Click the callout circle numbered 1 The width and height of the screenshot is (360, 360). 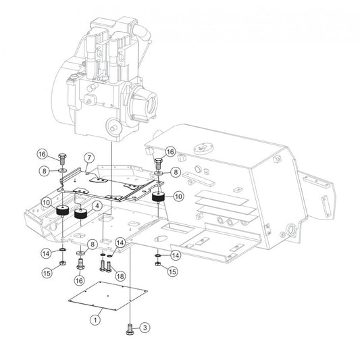tap(95, 319)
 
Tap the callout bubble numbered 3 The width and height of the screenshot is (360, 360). tap(145, 328)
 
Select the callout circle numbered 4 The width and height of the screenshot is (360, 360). tap(97, 206)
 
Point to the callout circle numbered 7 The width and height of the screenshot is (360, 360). tap(89, 158)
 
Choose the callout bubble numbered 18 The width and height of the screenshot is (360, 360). tap(120, 276)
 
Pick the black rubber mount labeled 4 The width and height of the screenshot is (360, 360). tap(80, 214)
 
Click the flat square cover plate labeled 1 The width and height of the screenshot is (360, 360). tap(108, 295)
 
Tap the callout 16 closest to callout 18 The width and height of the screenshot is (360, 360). tap(79, 280)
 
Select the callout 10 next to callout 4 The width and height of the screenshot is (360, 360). tap(47, 202)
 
